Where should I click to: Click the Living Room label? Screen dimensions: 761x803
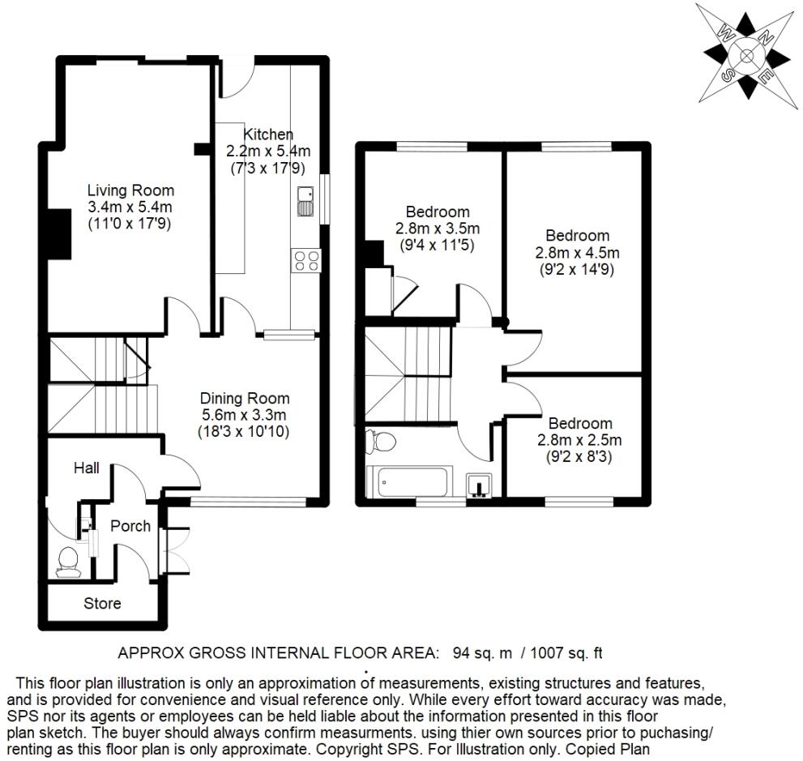tap(130, 191)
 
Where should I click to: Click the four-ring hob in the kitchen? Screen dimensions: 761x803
tap(305, 260)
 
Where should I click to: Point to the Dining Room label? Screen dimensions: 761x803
tap(245, 399)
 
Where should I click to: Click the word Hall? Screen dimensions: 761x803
tap(86, 468)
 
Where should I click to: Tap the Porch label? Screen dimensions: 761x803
tap(130, 526)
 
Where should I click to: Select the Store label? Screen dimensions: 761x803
tap(103, 603)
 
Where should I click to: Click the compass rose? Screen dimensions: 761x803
tap(746, 55)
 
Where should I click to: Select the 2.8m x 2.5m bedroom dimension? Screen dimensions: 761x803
tap(579, 440)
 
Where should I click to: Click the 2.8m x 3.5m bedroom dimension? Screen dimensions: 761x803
tap(438, 228)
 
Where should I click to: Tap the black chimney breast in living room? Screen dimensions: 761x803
tap(57, 233)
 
